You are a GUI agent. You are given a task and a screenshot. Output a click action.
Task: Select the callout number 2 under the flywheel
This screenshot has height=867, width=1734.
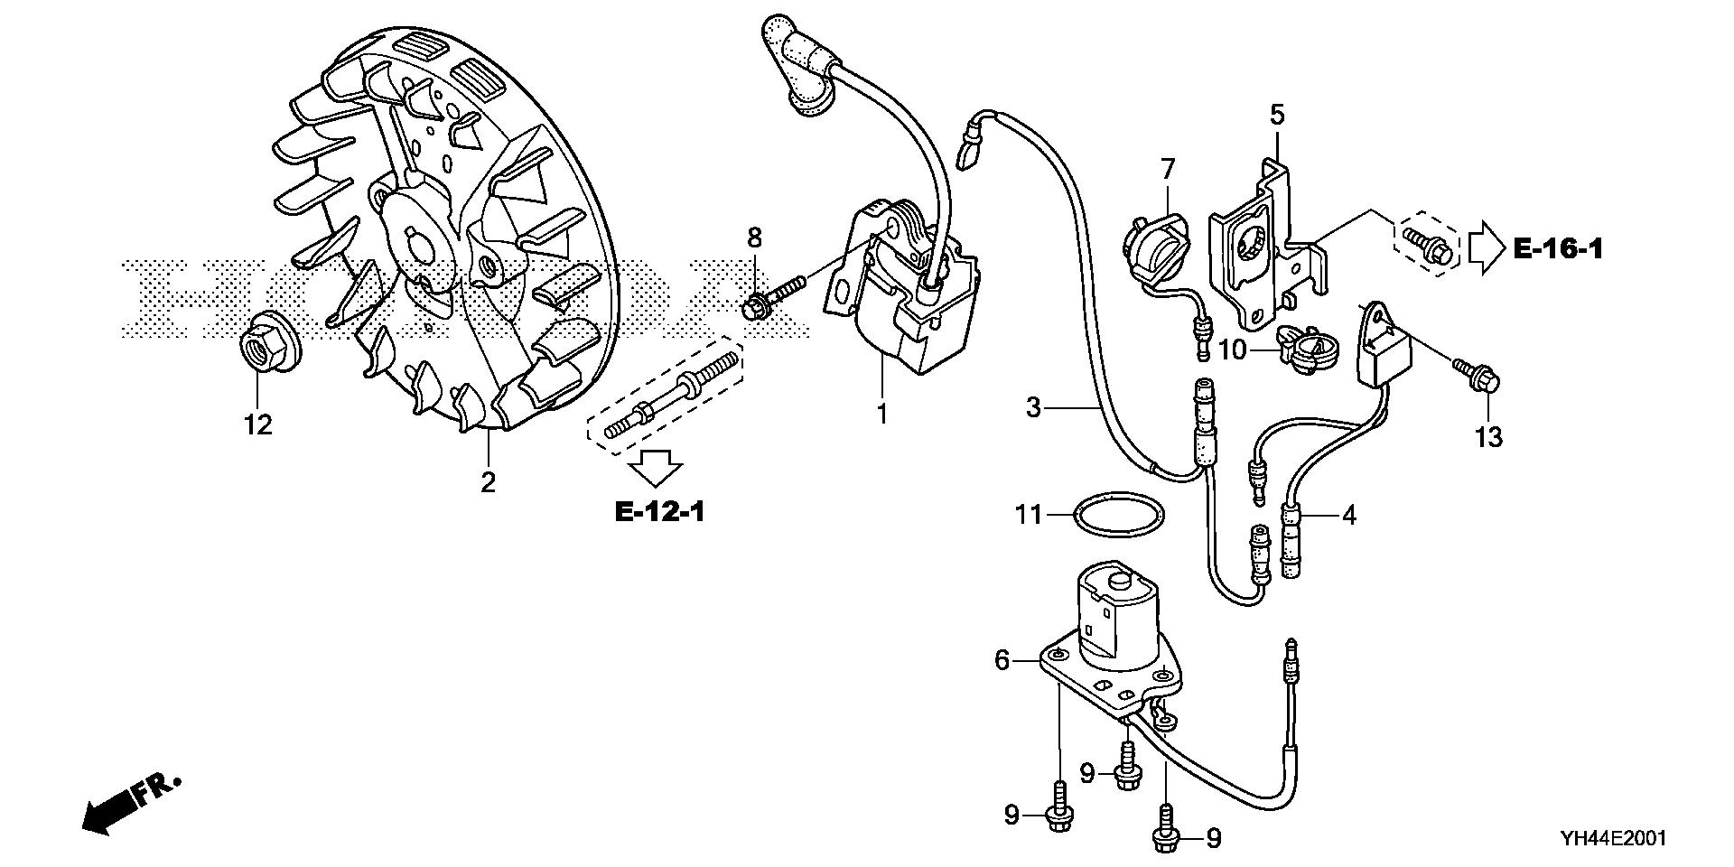tap(488, 483)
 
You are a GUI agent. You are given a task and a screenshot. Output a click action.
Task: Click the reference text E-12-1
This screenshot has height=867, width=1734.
tap(659, 513)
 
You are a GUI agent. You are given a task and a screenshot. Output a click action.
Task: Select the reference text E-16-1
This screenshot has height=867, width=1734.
tap(1558, 248)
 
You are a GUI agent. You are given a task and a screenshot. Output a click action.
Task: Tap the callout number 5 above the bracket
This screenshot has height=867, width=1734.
tap(1277, 116)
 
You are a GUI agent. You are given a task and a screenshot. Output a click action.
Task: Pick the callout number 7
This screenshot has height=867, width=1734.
tap(1168, 169)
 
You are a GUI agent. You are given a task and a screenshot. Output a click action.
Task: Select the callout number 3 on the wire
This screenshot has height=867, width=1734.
tap(1034, 406)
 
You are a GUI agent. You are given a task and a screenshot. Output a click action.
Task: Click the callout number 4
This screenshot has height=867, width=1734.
tap(1348, 516)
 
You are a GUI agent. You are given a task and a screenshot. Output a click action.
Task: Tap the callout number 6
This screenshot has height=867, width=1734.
tap(1002, 661)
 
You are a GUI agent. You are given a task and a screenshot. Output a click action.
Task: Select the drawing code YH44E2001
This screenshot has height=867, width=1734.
tap(1599, 838)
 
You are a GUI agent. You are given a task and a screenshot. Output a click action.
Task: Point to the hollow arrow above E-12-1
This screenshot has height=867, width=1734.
tap(655, 467)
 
